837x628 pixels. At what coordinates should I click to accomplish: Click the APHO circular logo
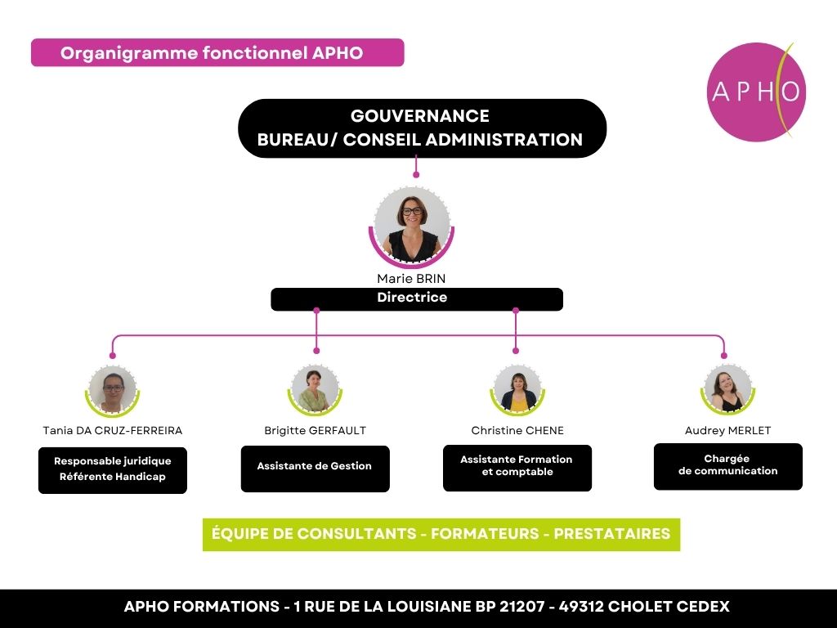pos(756,92)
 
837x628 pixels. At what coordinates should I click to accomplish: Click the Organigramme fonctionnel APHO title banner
pos(217,52)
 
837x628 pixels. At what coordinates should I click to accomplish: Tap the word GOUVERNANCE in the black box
pos(420,116)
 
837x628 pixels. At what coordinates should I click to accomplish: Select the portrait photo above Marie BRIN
pos(412,227)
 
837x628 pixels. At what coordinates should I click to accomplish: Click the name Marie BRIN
pos(411,278)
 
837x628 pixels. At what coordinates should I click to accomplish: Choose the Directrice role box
pos(417,299)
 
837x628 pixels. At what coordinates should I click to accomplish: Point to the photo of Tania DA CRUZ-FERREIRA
pos(113,390)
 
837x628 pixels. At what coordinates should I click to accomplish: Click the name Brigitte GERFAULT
pos(315,430)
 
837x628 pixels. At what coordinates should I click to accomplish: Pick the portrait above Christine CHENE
pos(517,390)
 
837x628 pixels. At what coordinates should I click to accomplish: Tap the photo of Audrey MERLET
pos(727,390)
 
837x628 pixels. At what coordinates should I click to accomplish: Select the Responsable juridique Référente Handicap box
pos(113,470)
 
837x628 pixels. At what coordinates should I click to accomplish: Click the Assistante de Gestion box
pos(315,469)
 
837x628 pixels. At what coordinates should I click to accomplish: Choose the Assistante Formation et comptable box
pos(517,468)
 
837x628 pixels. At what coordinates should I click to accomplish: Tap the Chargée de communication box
pos(728,466)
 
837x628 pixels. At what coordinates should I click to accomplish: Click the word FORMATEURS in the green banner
pos(485,533)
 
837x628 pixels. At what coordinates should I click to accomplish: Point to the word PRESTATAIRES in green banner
pos(611,533)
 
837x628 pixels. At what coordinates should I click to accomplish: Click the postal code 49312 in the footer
pos(581,607)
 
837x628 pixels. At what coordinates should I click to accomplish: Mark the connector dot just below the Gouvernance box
pos(416,175)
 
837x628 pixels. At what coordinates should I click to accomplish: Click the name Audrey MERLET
pos(727,430)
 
